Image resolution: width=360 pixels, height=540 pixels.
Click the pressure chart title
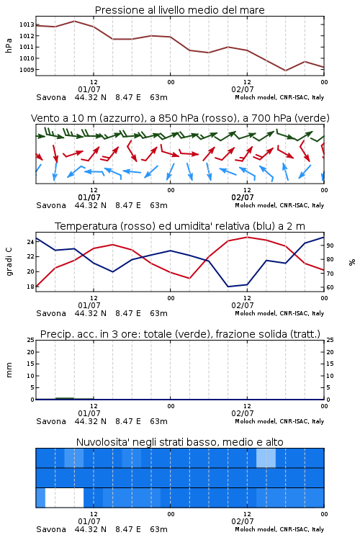pos(179,10)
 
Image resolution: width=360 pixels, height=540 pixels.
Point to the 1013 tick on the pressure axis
pos(27,24)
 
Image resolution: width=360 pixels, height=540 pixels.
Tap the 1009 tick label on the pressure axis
pos(27,70)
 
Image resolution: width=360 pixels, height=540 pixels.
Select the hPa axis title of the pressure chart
pos(9,45)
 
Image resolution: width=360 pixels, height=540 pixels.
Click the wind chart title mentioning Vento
pos(180,118)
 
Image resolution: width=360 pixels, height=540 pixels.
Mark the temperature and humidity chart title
pos(180,226)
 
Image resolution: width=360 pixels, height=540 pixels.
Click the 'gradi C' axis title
pos(9,261)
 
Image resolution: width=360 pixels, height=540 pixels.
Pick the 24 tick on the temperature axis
pos(30,242)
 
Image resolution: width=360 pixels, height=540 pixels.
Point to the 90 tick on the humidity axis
pos(330,246)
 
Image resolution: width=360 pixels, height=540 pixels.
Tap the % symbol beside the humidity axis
pos(352,262)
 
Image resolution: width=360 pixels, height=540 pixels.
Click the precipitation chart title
pos(180,334)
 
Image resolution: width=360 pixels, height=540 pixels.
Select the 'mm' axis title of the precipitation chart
pos(9,370)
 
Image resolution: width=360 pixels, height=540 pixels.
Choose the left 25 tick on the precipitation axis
pos(30,340)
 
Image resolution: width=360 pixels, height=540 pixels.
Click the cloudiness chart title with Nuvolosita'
pos(180,442)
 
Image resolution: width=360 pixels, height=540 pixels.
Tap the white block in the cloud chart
pos(64,498)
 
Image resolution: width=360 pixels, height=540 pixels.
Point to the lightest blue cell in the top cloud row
pos(266,458)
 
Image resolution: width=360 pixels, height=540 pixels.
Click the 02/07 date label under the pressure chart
pos(243,89)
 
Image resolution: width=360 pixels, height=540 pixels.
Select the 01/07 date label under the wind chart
pos(89,197)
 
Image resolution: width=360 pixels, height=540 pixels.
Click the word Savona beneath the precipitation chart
pos(51,421)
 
